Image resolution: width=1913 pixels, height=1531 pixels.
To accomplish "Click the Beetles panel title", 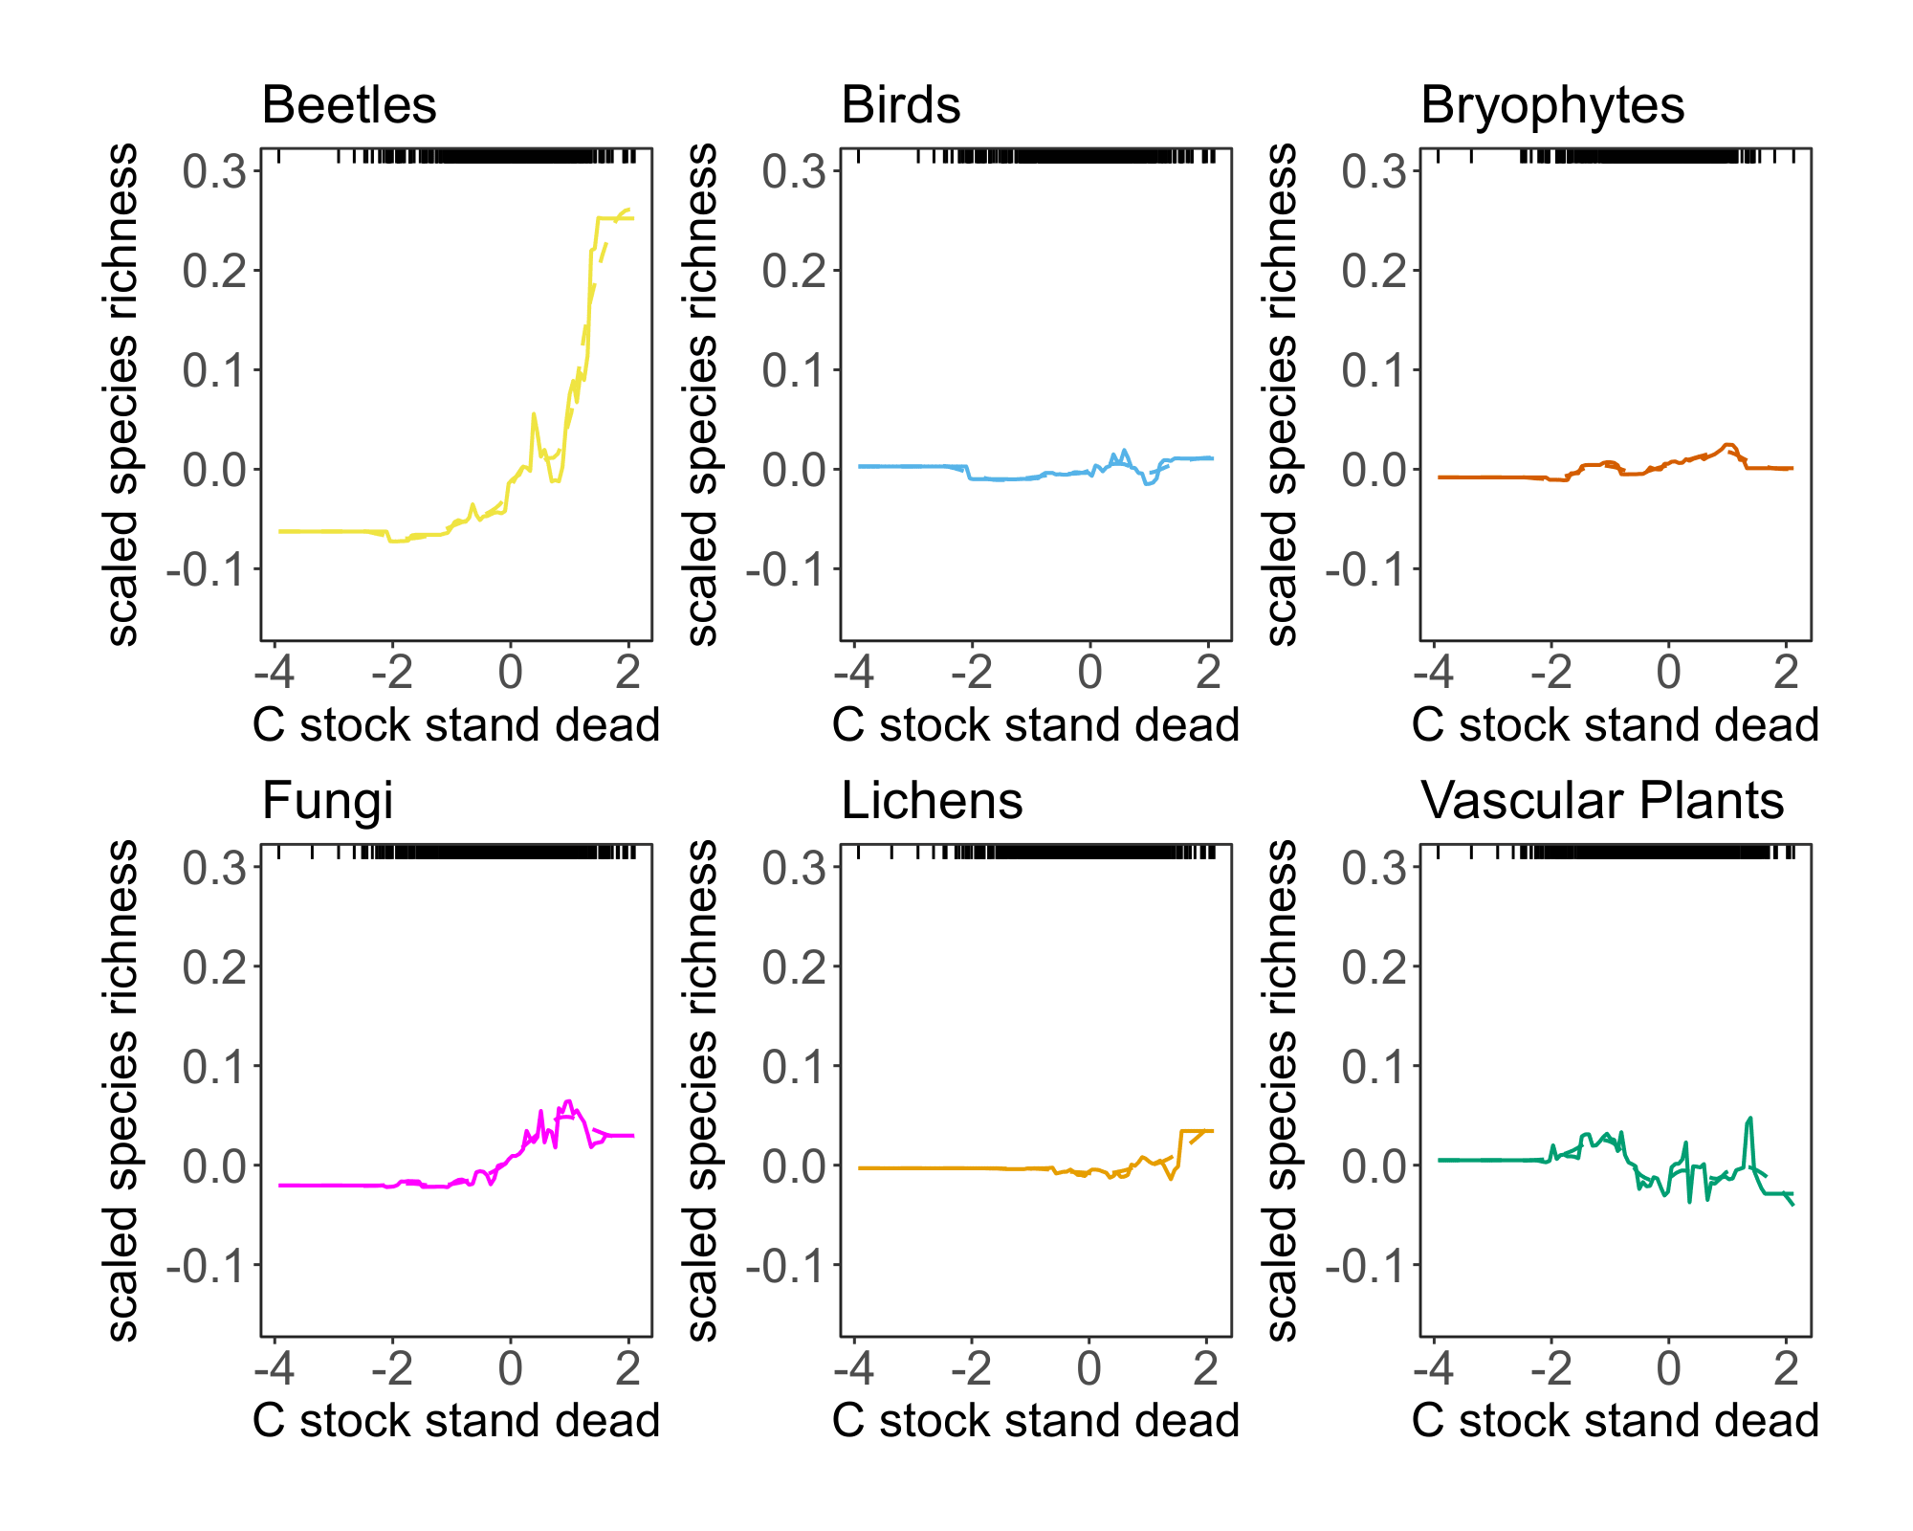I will [349, 105].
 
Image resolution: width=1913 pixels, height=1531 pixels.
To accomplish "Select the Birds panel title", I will [900, 105].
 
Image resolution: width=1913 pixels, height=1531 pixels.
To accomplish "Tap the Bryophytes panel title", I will [1551, 105].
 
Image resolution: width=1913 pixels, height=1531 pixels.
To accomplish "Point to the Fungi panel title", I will [327, 801].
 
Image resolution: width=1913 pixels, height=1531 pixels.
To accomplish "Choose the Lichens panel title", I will [932, 801].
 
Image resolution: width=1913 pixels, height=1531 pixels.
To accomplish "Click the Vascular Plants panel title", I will [1602, 801].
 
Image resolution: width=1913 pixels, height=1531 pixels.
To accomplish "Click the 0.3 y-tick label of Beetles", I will [214, 172].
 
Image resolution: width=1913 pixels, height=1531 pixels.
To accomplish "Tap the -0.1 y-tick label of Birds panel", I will [784, 570].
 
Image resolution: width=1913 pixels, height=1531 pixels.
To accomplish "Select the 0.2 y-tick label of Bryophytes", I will [1374, 272].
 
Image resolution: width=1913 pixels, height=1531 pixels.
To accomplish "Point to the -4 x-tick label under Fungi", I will [274, 1368].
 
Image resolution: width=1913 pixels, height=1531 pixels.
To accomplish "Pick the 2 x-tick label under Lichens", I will [1206, 1368].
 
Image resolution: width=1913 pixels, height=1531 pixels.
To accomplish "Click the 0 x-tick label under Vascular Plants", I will [1668, 1368].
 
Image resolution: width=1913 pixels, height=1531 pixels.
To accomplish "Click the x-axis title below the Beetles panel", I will [456, 725].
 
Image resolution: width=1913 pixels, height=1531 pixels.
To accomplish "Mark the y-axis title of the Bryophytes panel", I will [1281, 394].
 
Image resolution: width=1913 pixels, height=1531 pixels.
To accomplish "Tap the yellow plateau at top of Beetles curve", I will [612, 218].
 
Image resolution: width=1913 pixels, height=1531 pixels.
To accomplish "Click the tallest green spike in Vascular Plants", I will [1749, 1119].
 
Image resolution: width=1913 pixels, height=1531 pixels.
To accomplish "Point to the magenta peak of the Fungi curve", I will [568, 1102].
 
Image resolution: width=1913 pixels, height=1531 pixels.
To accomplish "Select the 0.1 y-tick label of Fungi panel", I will [214, 1067].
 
